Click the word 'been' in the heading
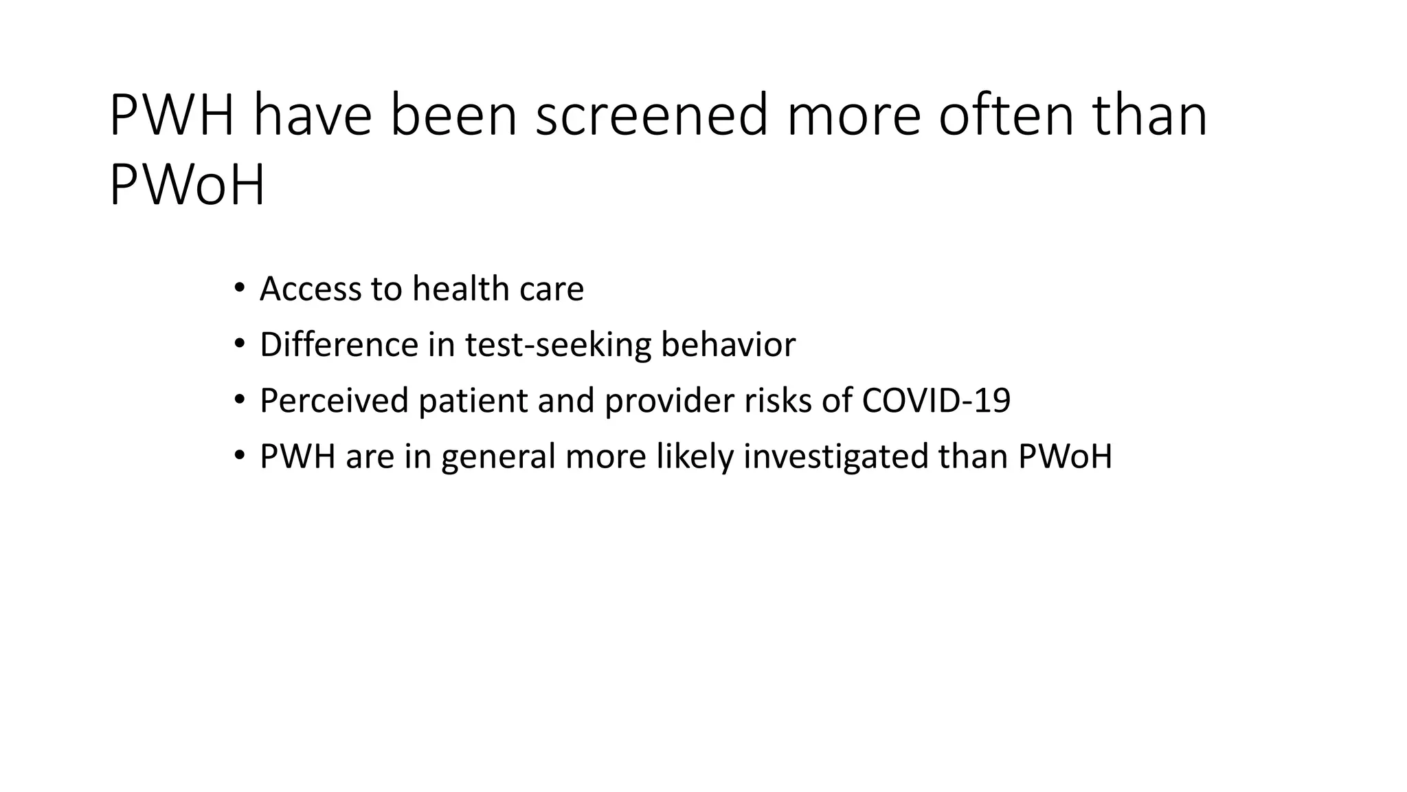[453, 115]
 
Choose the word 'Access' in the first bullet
[311, 289]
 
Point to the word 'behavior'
[728, 344]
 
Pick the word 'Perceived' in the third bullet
[334, 400]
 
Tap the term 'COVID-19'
[936, 400]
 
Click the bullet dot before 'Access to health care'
[238, 287]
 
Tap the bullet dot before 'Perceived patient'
[238, 399]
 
